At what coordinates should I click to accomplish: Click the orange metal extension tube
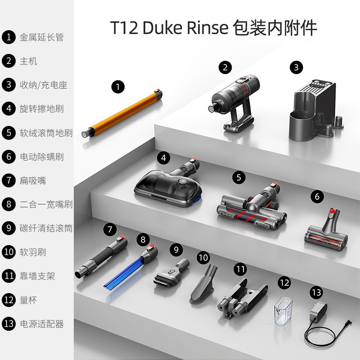(122, 113)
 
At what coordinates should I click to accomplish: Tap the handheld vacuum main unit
(235, 102)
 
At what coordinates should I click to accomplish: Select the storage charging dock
(316, 110)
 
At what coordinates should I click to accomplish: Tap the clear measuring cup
(283, 311)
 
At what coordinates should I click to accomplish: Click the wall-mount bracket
(242, 298)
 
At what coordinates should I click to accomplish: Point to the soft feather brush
(203, 284)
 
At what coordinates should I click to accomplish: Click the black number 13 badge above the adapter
(316, 292)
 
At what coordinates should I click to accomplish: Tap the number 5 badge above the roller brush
(239, 177)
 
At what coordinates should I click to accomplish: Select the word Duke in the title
(162, 28)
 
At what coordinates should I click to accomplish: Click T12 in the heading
(124, 28)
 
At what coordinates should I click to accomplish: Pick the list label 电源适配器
(41, 324)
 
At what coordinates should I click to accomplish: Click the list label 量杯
(28, 300)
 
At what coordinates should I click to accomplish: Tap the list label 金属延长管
(41, 37)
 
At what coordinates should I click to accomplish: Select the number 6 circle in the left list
(9, 157)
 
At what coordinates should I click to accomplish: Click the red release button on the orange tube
(157, 90)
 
